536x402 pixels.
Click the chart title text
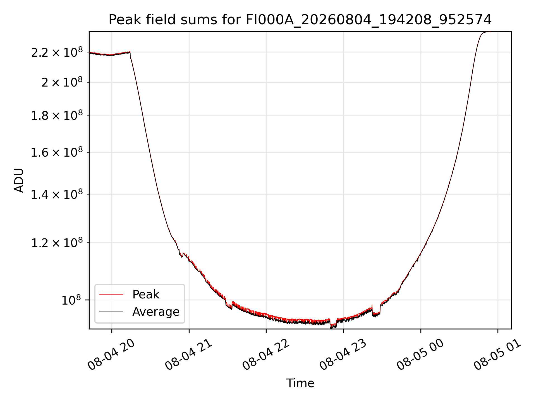pyautogui.click(x=300, y=20)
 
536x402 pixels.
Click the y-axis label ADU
pyautogui.click(x=19, y=180)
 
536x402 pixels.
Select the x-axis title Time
pyautogui.click(x=300, y=383)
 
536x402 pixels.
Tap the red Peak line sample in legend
pyautogui.click(x=111, y=294)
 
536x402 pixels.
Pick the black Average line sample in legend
pyautogui.click(x=111, y=312)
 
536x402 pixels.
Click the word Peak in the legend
pyautogui.click(x=146, y=295)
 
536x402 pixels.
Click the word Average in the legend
pyautogui.click(x=156, y=312)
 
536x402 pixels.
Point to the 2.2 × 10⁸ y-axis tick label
pyautogui.click(x=57, y=52)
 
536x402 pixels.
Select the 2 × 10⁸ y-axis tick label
pyautogui.click(x=62, y=82)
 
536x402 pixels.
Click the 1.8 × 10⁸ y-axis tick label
pyautogui.click(x=57, y=115)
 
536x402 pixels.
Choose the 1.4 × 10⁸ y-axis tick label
pyautogui.click(x=57, y=194)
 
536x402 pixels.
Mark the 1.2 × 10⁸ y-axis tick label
pyautogui.click(x=57, y=243)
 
